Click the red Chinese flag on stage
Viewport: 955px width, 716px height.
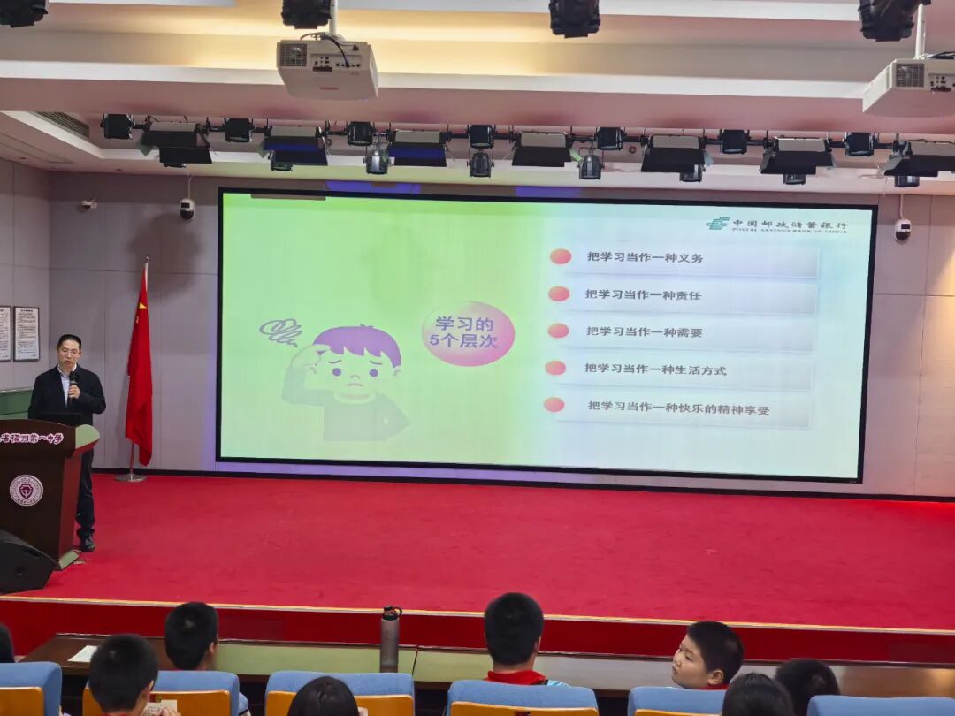(x=139, y=371)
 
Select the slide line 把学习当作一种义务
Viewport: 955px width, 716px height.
(x=646, y=257)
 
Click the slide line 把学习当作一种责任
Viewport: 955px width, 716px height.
(x=643, y=294)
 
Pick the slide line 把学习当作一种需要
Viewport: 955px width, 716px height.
(x=644, y=331)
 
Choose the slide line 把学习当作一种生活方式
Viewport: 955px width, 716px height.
(x=655, y=369)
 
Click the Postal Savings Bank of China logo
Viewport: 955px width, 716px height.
(x=776, y=225)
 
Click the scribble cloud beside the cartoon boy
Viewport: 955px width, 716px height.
(x=280, y=332)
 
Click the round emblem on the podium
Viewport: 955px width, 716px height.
(x=26, y=490)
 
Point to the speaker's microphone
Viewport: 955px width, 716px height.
(x=73, y=381)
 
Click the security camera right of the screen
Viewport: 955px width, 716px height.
(x=902, y=230)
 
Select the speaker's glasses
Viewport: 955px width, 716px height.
(x=68, y=353)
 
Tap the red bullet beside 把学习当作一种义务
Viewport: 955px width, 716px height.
(x=560, y=256)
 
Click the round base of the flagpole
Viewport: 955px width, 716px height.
(x=131, y=477)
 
